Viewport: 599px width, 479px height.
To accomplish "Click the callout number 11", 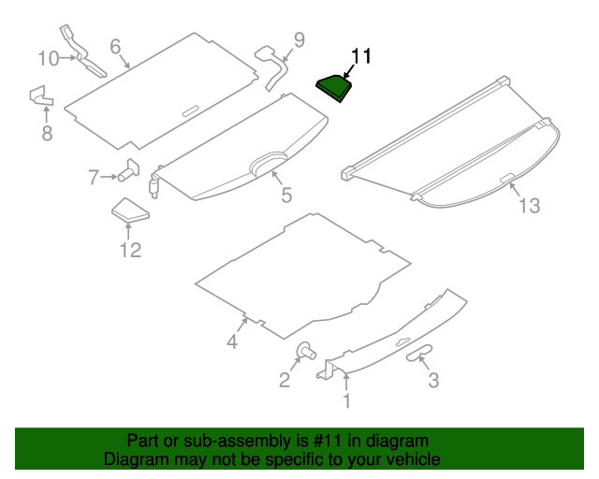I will point(361,57).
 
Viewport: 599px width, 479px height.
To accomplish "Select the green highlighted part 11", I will point(334,87).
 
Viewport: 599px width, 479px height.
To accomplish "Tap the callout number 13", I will point(530,206).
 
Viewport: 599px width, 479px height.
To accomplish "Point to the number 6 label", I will point(115,47).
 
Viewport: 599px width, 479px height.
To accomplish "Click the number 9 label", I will point(299,39).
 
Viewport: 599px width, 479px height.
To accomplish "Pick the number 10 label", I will point(48,58).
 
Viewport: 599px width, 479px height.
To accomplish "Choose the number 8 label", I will point(47,134).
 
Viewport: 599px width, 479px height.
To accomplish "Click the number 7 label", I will point(94,177).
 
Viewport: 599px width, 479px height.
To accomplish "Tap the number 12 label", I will point(129,249).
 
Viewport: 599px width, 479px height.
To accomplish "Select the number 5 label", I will point(286,196).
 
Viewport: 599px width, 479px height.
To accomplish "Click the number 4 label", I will point(232,342).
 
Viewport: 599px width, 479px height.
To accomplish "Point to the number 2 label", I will point(284,379).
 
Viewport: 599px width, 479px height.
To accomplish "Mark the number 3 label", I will point(432,380).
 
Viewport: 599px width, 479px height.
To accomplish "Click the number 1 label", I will point(346,402).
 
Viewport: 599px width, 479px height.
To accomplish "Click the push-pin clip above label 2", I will point(305,352).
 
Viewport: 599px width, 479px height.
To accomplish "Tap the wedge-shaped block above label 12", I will point(129,211).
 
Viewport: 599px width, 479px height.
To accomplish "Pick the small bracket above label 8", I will point(40,95).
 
